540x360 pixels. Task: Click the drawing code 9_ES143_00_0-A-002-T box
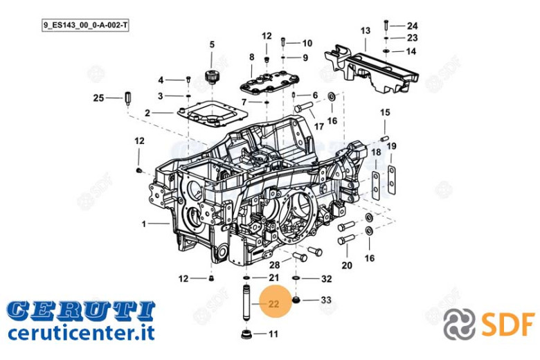point(85,26)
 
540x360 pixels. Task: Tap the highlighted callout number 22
point(273,304)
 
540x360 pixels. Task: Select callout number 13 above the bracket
point(366,30)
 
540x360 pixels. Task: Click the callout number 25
point(98,98)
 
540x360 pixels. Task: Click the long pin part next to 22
point(247,302)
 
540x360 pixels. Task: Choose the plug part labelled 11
point(246,334)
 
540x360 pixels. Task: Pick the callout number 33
point(326,300)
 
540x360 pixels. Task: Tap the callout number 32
point(327,279)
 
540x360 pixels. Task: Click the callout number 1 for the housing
point(144,224)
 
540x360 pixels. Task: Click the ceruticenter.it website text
point(81,333)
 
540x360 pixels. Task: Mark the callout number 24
point(412,26)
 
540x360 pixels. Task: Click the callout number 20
point(347,265)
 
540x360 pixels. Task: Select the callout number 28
point(274,265)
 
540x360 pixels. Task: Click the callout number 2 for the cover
point(147,113)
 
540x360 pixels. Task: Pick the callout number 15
point(385,112)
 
